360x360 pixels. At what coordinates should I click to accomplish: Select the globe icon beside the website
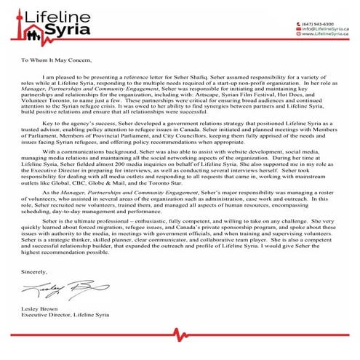pyautogui.click(x=297, y=34)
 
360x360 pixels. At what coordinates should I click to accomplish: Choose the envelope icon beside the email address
pyautogui.click(x=297, y=28)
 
